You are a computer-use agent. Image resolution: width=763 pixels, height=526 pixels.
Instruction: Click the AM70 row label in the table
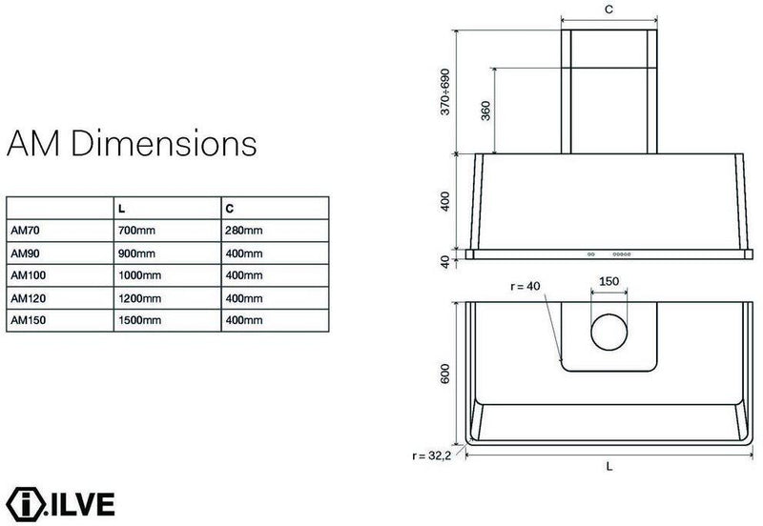click(25, 231)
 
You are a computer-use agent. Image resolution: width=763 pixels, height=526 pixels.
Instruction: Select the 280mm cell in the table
click(244, 231)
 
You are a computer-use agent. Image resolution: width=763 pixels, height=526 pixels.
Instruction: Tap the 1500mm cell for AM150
click(139, 320)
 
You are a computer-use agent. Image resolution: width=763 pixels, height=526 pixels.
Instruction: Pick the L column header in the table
click(122, 209)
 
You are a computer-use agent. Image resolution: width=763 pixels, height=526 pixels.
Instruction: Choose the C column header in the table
click(230, 209)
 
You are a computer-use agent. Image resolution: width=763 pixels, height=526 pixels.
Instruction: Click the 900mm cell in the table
click(136, 253)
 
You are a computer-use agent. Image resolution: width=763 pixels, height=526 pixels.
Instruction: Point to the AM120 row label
click(29, 298)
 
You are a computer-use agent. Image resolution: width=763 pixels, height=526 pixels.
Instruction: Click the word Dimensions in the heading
click(164, 143)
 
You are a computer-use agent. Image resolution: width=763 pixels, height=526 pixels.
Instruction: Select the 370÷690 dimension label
click(444, 91)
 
